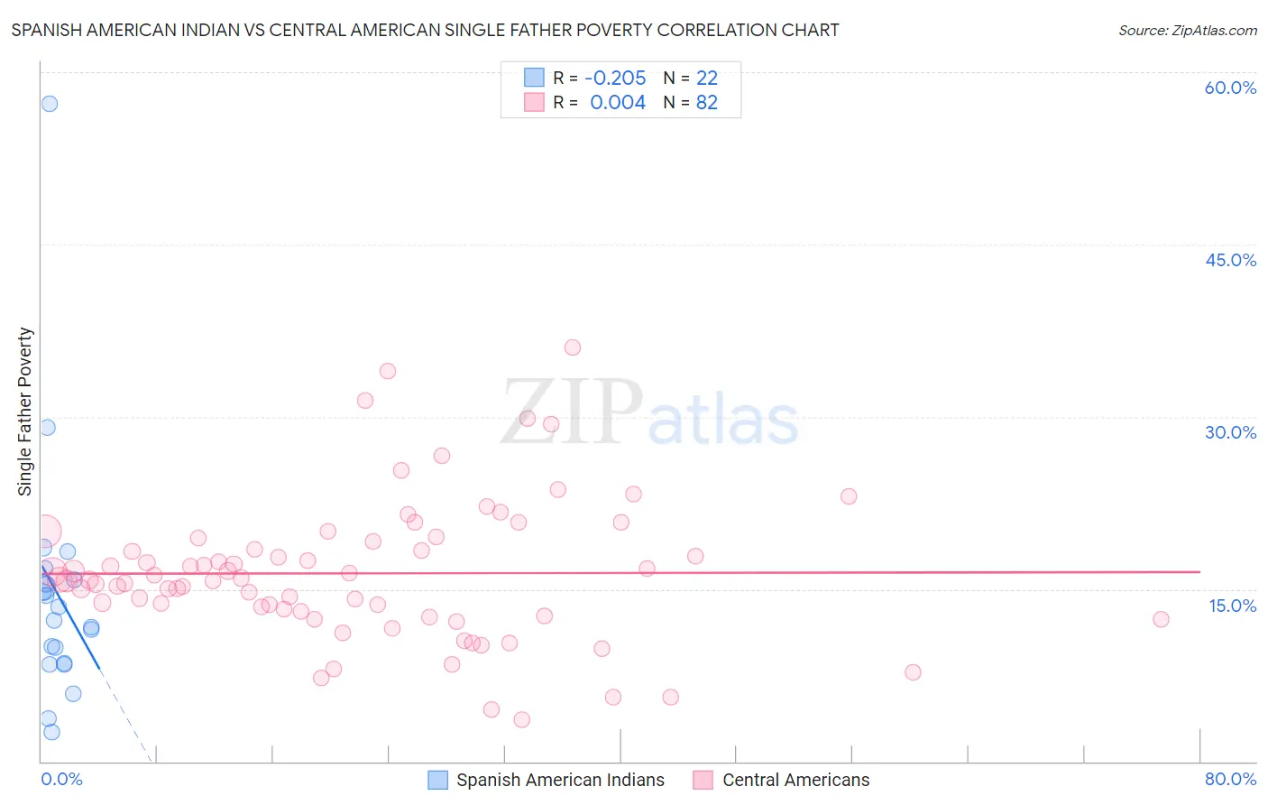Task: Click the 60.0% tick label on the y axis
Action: (x=1230, y=88)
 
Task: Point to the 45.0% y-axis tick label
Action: (x=1230, y=260)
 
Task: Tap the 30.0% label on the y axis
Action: (x=1230, y=432)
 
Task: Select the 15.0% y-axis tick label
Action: (x=1232, y=606)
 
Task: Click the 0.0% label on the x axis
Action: (x=61, y=779)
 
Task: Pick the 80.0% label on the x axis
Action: (x=1230, y=779)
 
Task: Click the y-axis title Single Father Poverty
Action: (x=25, y=412)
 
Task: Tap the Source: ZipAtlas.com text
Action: (x=1187, y=30)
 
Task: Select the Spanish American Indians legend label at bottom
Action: (x=560, y=780)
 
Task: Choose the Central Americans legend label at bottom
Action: (x=795, y=780)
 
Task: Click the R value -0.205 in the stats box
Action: (x=615, y=78)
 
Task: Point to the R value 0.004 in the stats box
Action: (x=618, y=103)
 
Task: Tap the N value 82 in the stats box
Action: (x=707, y=103)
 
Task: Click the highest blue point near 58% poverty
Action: (x=50, y=104)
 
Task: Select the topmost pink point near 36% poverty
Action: (x=573, y=347)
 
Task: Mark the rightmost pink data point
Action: (x=1161, y=619)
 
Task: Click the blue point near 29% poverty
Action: (x=48, y=428)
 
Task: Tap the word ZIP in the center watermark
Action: (x=572, y=412)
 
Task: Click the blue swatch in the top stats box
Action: (x=534, y=78)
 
